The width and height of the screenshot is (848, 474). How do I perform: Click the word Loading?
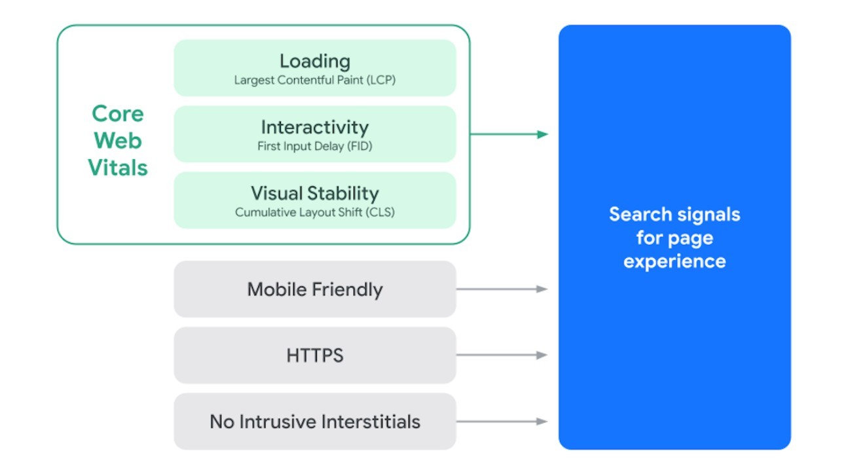315,61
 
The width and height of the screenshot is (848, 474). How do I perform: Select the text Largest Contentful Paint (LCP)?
315,81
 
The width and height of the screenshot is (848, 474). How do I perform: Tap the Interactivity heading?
315,127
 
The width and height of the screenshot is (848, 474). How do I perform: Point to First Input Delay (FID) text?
315,147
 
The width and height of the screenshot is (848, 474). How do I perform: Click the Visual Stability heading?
315,193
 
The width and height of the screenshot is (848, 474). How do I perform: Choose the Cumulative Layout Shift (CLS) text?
315,213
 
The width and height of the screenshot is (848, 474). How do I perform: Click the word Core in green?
118,113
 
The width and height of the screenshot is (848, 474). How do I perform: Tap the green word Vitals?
118,168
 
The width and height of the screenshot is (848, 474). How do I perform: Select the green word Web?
118,140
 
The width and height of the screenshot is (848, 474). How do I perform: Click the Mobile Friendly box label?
315,289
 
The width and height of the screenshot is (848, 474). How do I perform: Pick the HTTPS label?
315,355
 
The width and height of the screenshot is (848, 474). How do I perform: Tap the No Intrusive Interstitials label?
315,422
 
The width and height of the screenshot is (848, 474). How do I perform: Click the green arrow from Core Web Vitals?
509,134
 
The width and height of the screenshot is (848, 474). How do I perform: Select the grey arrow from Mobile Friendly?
502,289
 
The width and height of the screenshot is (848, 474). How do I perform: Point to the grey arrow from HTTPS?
502,355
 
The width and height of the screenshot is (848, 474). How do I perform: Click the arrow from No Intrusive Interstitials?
502,422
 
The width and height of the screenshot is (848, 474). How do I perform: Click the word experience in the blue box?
674,261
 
